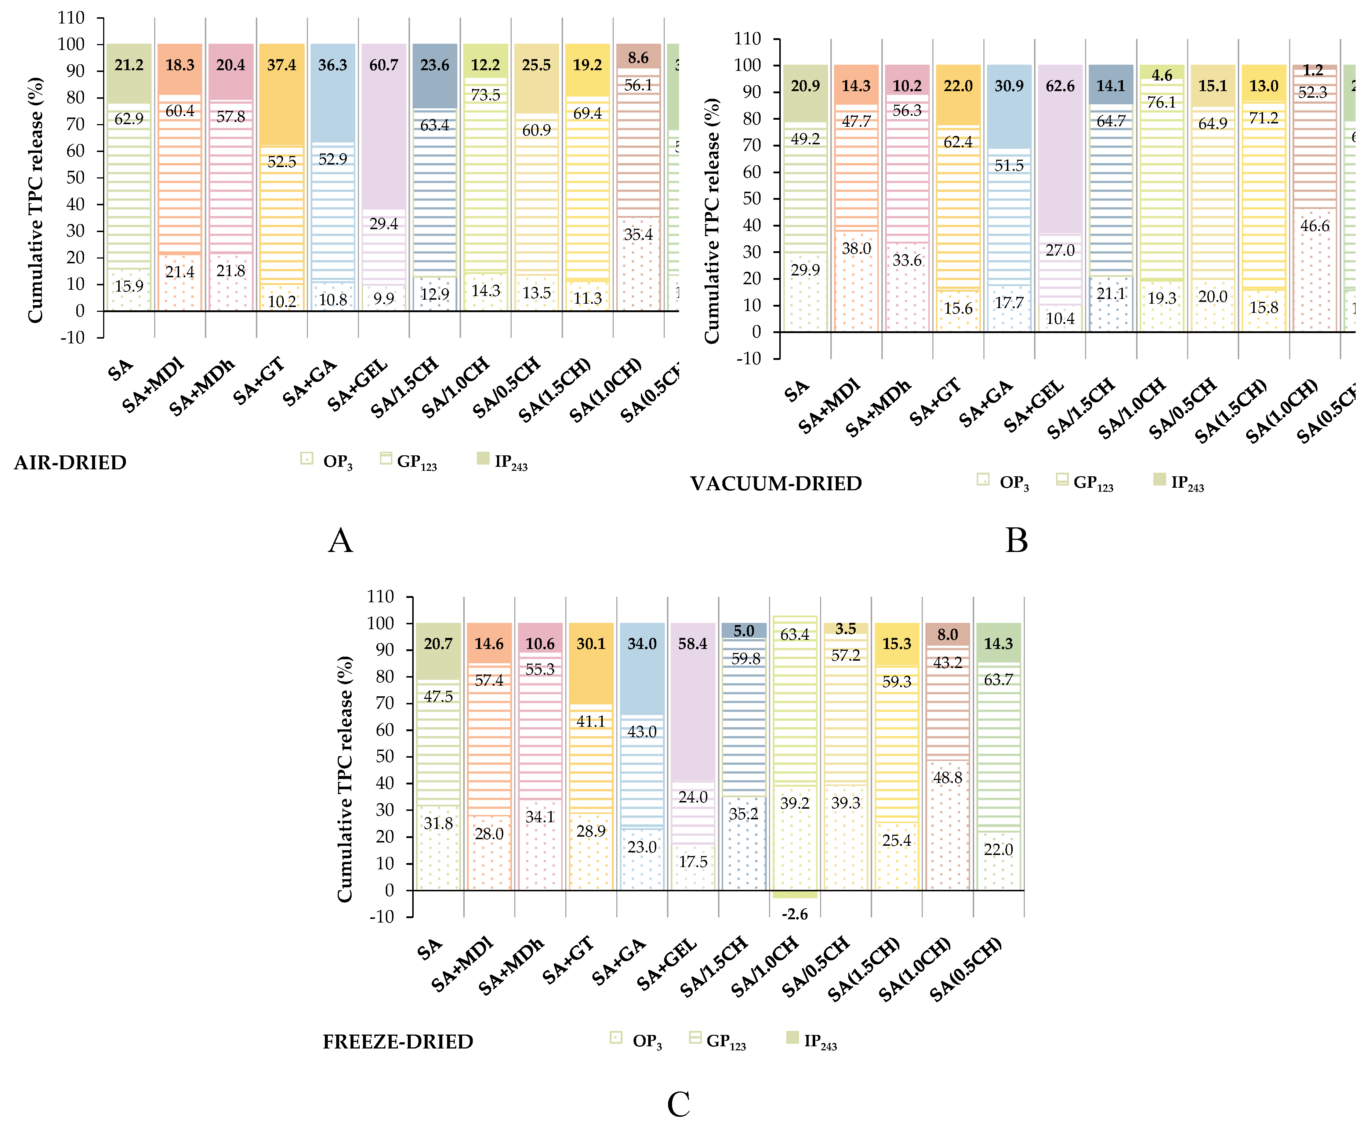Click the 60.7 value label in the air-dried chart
point(384,65)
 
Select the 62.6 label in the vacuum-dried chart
point(1060,86)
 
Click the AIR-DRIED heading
point(70,462)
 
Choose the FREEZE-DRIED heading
point(398,1041)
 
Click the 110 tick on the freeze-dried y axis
point(381,597)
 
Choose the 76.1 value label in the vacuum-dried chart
point(1162,102)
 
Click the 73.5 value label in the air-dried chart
point(486,95)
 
